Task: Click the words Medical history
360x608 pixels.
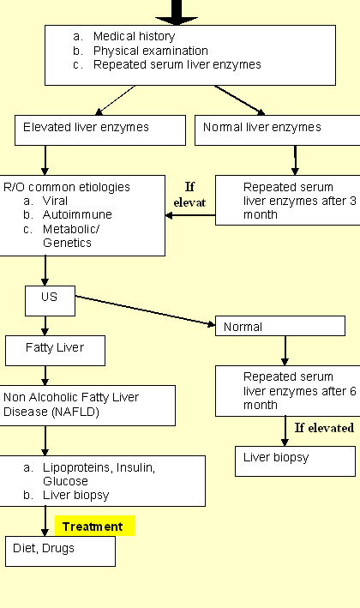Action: (134, 36)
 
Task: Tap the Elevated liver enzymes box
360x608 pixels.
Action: (100, 130)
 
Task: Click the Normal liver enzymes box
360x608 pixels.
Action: (278, 130)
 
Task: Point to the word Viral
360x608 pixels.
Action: (55, 201)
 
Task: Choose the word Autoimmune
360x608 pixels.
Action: (77, 214)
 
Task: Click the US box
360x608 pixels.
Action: (50, 301)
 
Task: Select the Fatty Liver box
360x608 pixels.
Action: (55, 351)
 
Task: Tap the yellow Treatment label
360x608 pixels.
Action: (94, 527)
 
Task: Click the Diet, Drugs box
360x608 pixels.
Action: (60, 551)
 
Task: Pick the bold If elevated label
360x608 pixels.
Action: (324, 428)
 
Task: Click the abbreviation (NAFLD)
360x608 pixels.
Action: (75, 412)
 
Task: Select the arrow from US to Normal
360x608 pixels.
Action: (145, 310)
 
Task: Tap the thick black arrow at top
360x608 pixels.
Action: (177, 12)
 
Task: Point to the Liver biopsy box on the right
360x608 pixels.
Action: (295, 461)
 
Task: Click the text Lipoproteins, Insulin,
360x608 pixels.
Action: (99, 467)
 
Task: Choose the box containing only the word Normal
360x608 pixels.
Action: (280, 326)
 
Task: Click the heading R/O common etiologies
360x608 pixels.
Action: (67, 187)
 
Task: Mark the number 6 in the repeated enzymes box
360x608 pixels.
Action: (352, 391)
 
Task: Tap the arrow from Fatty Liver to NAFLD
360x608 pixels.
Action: (45, 376)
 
